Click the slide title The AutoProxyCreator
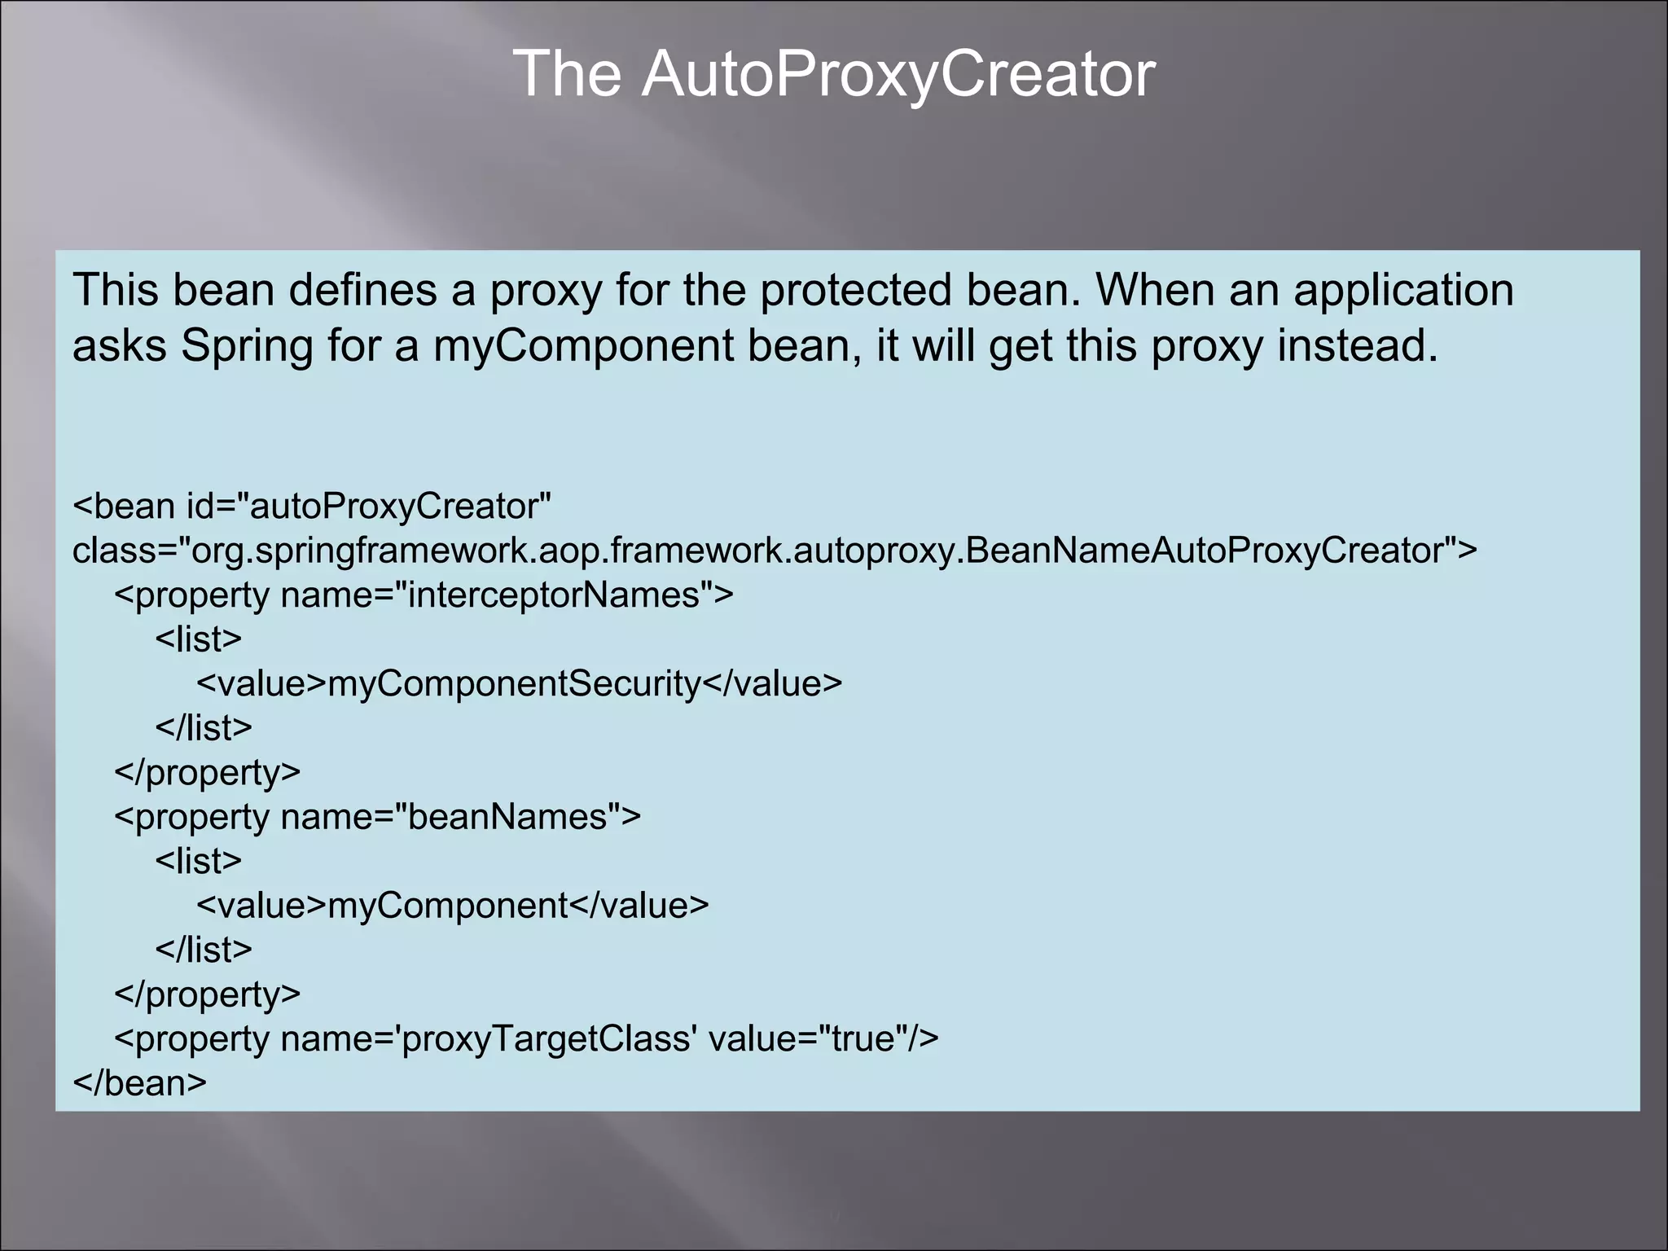[x=834, y=74]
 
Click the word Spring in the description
[x=247, y=345]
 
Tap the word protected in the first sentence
[x=854, y=290]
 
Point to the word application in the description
[x=1403, y=292]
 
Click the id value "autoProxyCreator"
[x=400, y=507]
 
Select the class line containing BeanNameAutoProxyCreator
[x=774, y=551]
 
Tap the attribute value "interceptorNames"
[x=554, y=595]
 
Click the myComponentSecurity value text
[x=514, y=684]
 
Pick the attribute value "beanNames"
[x=507, y=817]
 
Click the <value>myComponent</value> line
[x=452, y=906]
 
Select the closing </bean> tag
[x=139, y=1083]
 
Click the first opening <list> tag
[x=199, y=639]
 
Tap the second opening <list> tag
[x=199, y=862]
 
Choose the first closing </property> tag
[x=207, y=772]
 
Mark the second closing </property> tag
[x=207, y=994]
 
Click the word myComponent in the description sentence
[x=583, y=345]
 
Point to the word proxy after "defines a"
[x=545, y=292]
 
